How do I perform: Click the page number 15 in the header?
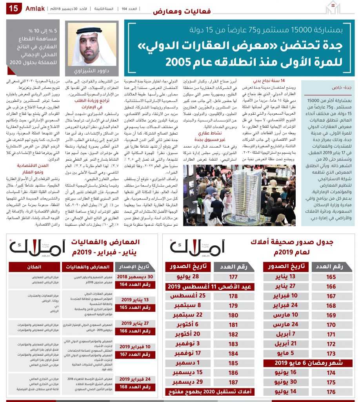(13, 9)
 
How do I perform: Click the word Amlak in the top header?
(35, 8)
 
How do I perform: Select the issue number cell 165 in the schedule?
(331, 277)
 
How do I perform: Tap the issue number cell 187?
(233, 382)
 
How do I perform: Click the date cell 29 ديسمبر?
(188, 382)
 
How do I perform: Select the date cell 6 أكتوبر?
(188, 325)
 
